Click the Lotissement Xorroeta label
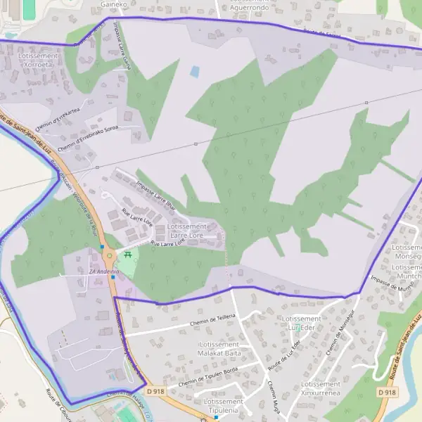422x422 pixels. [x=39, y=59]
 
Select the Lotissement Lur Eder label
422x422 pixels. [x=300, y=323]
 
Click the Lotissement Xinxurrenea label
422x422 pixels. [x=321, y=389]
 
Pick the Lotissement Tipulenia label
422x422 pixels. [x=223, y=406]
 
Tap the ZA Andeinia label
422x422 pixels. [x=103, y=271]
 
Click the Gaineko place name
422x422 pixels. [x=114, y=4]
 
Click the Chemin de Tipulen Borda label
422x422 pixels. [x=209, y=377]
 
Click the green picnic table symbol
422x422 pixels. [x=128, y=255]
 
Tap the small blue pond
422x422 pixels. [x=195, y=71]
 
